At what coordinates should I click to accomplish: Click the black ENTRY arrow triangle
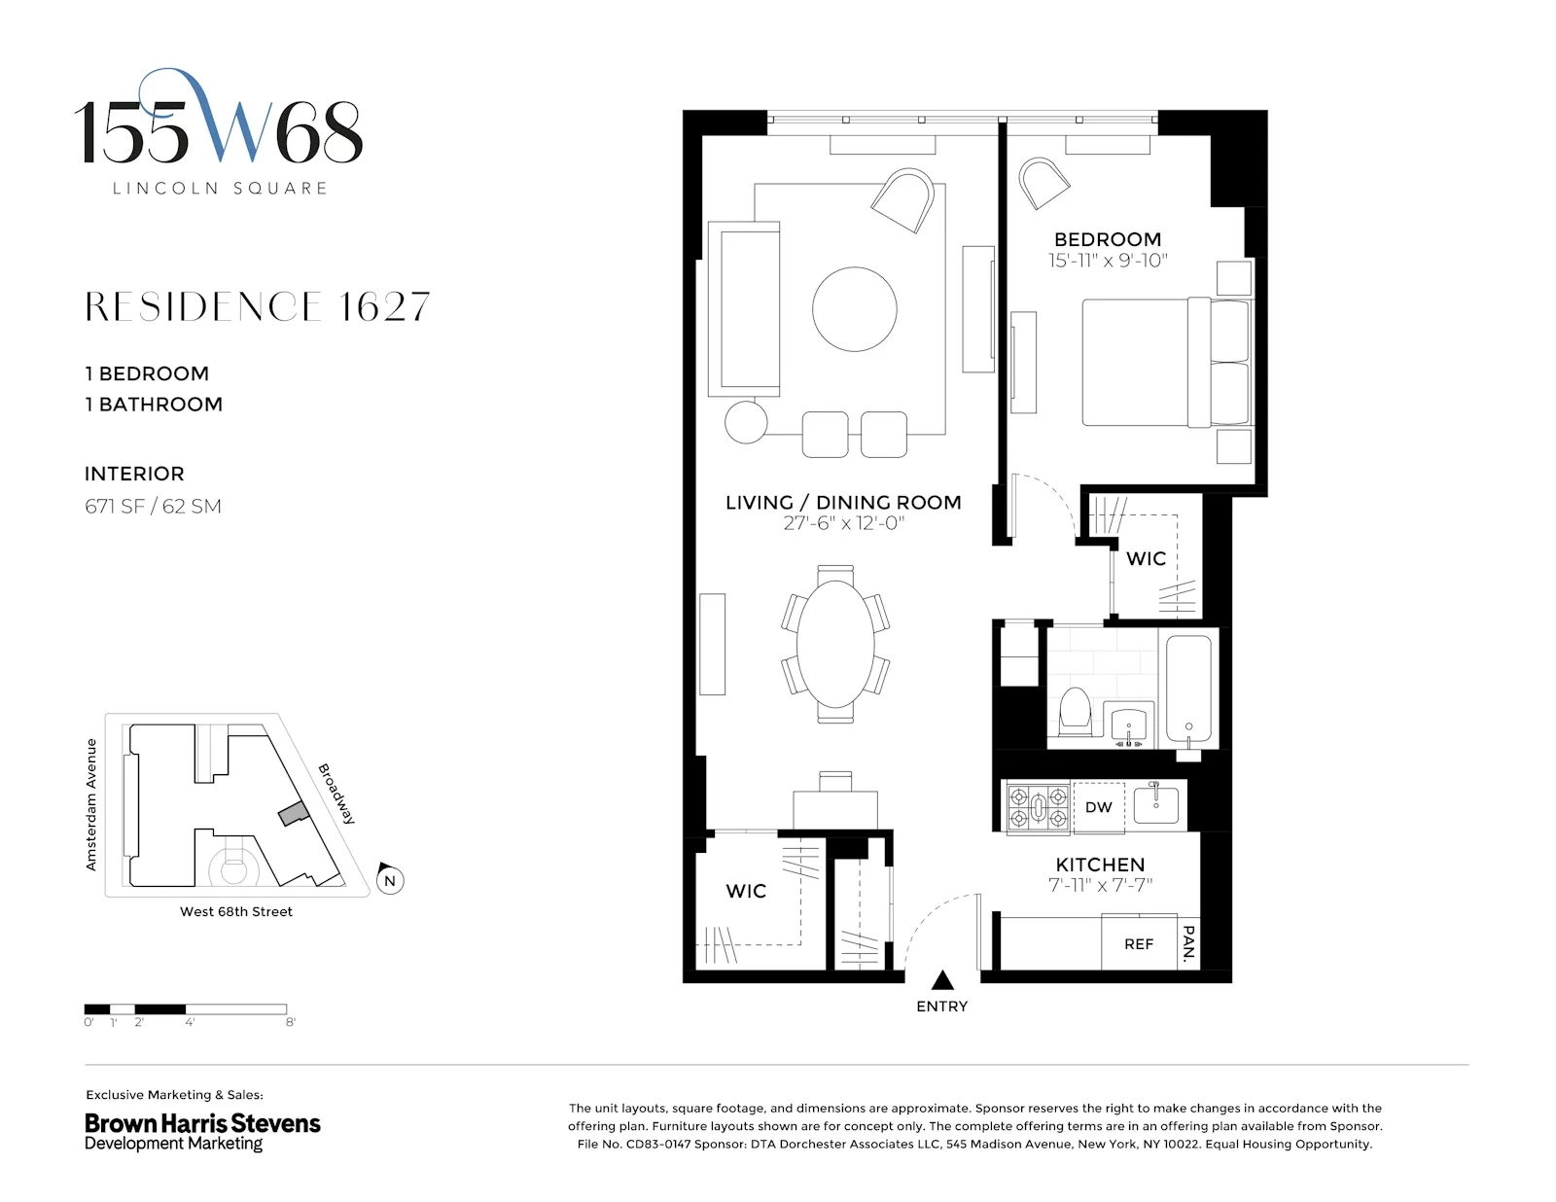tap(942, 980)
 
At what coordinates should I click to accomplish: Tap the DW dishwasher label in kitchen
tap(1098, 807)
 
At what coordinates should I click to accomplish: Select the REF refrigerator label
tap(1139, 944)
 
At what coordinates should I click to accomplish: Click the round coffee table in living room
tap(854, 309)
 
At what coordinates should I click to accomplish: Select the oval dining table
tap(835, 644)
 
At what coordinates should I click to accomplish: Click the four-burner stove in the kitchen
tap(1037, 808)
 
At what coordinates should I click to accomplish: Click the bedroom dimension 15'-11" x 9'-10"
tap(1107, 261)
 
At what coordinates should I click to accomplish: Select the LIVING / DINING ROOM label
tap(842, 502)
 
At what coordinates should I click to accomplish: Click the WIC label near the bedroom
tap(1146, 559)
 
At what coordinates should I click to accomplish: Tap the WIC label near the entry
tap(746, 891)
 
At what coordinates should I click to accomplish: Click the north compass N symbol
tap(390, 880)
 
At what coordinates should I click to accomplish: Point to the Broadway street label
tap(337, 794)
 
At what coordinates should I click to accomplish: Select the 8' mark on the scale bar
tap(290, 1022)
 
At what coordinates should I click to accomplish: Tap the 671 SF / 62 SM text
tap(153, 507)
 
